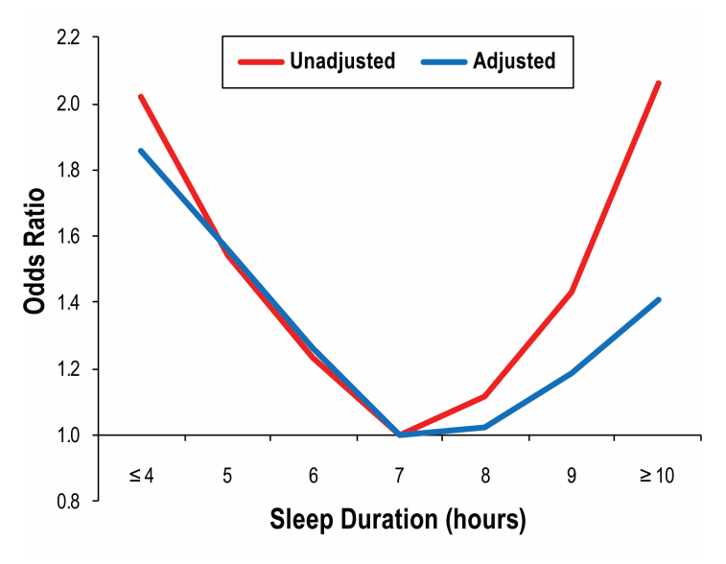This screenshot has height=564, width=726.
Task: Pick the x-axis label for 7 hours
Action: click(x=399, y=477)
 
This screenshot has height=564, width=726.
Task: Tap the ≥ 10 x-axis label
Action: click(x=657, y=477)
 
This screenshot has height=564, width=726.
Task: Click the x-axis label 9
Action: click(x=572, y=477)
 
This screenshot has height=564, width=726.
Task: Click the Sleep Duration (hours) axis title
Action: click(x=399, y=521)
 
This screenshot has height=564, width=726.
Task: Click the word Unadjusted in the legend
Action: click(x=341, y=61)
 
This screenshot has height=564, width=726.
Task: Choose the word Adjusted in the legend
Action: click(x=513, y=61)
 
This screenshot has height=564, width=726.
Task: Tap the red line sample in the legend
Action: click(x=257, y=61)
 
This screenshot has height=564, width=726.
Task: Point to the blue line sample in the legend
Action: click(x=443, y=61)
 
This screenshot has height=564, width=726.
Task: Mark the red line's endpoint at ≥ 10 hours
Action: click(x=658, y=83)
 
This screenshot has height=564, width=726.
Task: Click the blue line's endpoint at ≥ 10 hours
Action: click(x=658, y=300)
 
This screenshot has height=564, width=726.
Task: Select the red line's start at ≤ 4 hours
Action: click(x=141, y=97)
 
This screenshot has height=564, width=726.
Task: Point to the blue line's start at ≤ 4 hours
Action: click(x=141, y=151)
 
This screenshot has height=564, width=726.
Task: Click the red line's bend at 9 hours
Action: click(x=572, y=292)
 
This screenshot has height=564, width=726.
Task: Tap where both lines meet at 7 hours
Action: click(x=399, y=435)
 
